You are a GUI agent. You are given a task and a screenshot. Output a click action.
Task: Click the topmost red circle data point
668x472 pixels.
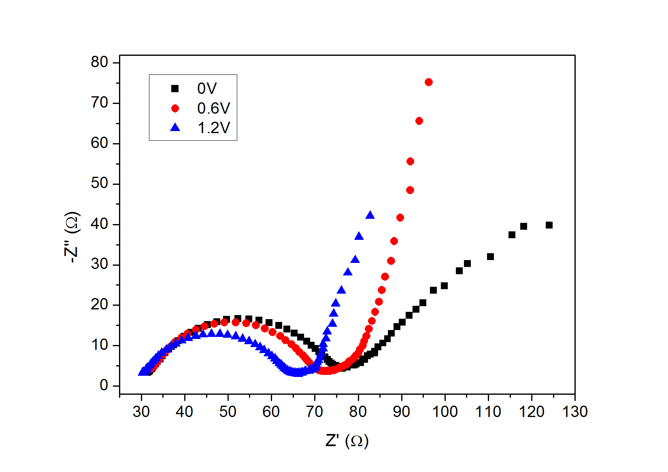[x=429, y=82]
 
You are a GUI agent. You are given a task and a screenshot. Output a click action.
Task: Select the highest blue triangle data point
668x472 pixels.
[x=370, y=215]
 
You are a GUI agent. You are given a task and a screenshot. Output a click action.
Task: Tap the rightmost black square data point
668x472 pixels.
[x=549, y=225]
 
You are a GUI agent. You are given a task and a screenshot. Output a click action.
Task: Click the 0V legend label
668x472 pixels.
[x=207, y=88]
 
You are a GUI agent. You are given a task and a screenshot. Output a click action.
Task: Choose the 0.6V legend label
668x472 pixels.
[x=213, y=108]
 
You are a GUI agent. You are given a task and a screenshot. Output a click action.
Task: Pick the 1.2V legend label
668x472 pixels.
[x=213, y=128]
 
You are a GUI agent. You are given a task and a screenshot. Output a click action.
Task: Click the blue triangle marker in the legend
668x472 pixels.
[x=175, y=127]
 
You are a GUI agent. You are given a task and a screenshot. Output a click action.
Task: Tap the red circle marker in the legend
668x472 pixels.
[x=175, y=108]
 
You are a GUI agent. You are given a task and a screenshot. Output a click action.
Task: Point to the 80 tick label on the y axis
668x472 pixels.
[x=100, y=62]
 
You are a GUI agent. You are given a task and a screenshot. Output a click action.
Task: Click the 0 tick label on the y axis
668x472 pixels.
[x=104, y=385]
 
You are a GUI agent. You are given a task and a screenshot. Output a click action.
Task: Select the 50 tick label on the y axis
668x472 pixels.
[x=100, y=183]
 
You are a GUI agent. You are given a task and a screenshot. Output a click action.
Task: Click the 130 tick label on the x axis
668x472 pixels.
[x=575, y=412]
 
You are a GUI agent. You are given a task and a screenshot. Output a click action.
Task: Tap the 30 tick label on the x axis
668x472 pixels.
[x=141, y=412]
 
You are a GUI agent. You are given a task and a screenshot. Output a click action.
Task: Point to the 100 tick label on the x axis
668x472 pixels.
[x=445, y=412]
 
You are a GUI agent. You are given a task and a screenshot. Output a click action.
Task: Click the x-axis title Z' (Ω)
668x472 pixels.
[x=347, y=440]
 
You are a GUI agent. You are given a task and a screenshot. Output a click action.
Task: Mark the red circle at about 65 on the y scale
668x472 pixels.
[x=419, y=121]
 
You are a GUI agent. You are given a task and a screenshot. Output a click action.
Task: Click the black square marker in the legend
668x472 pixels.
[x=175, y=88]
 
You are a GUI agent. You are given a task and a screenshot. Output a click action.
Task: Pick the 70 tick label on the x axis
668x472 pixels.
[x=315, y=412]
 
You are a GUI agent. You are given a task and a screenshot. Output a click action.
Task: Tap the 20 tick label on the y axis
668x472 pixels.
[x=100, y=304]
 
